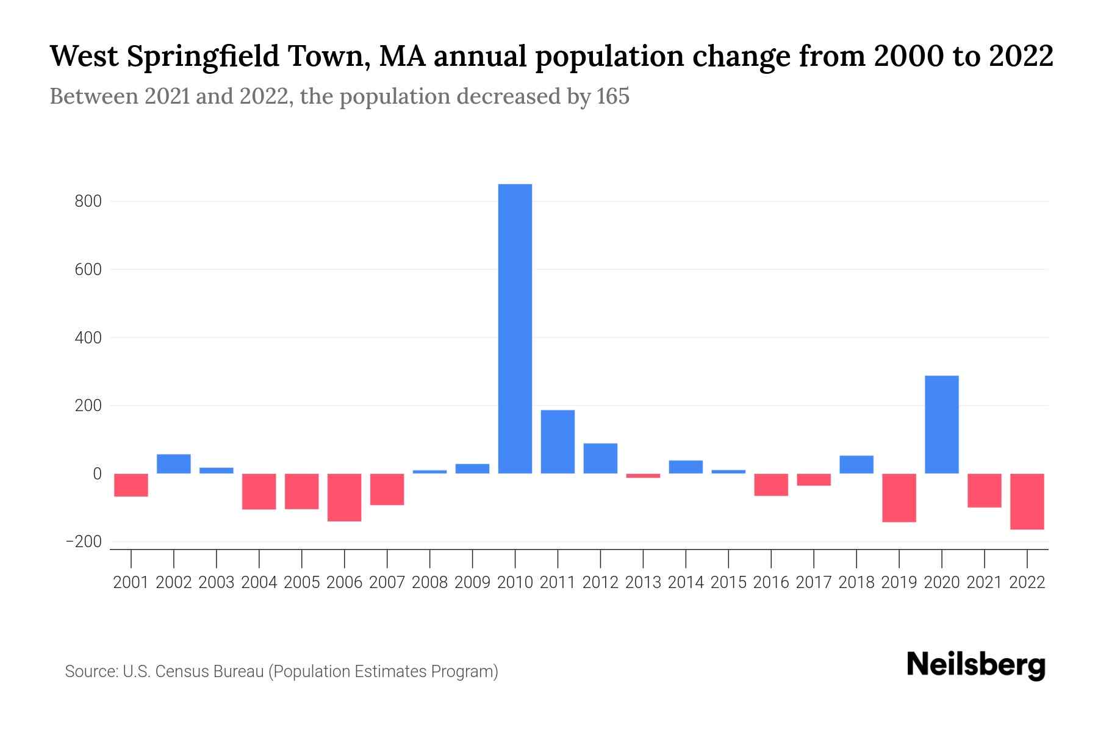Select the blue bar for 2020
coord(941,425)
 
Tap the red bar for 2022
coord(1027,501)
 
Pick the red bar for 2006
coord(344,497)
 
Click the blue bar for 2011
coord(558,442)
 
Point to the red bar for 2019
coord(899,498)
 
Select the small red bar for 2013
coord(643,476)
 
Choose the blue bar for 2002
coord(174,464)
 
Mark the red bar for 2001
coord(131,485)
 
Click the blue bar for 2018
coord(856,464)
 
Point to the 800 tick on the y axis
coord(88,201)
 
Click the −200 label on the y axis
coord(84,542)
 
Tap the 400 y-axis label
coord(88,337)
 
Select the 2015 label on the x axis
coord(728,583)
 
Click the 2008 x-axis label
coord(429,583)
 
